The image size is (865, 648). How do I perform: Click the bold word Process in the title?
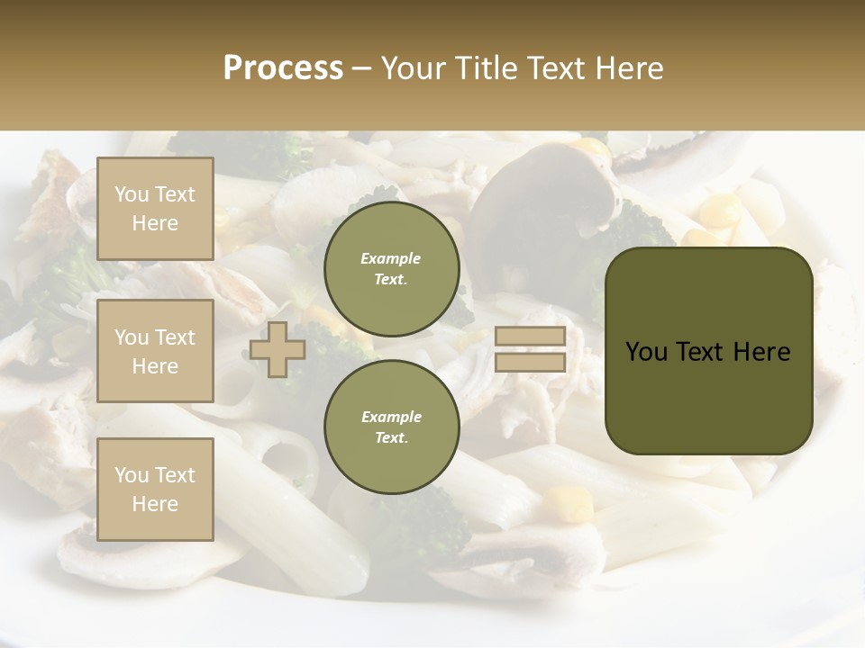[283, 68]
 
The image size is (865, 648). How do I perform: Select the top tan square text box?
[155, 209]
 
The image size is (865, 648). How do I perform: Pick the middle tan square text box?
[155, 351]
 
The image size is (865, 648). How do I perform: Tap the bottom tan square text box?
[155, 489]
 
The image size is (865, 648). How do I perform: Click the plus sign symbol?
[278, 349]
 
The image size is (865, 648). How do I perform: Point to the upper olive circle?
[391, 268]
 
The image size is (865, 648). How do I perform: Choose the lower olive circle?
[391, 427]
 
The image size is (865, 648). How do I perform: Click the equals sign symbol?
[530, 349]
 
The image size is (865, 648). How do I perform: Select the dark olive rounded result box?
[708, 351]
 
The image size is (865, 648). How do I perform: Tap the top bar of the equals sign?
[530, 337]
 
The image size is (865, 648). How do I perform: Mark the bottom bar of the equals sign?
[530, 362]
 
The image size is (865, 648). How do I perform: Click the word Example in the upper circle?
[391, 258]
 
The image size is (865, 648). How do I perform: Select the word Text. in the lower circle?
[391, 437]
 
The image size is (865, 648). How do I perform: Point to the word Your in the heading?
[415, 68]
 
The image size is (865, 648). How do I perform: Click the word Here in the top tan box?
[155, 223]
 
